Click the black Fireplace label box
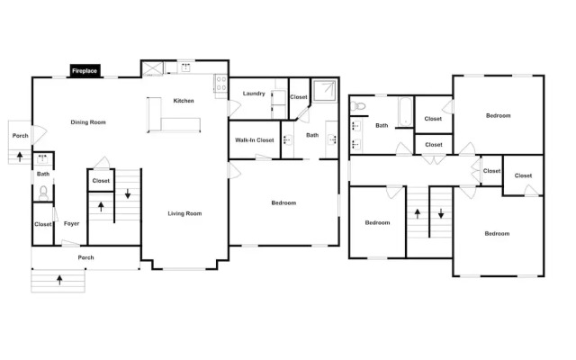coord(85,71)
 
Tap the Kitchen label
coord(184,101)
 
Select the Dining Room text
coord(88,122)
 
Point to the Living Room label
coord(184,213)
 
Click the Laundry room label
coord(254,94)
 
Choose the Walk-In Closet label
coord(255,140)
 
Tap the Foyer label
coord(71,223)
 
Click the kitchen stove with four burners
coord(221,84)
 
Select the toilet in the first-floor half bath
coord(43,193)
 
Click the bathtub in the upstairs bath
coord(405,112)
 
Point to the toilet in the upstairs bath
coord(358,106)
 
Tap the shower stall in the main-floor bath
coord(324,90)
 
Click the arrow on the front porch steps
coord(59,280)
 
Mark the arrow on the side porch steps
coord(20,157)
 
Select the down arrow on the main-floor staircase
coord(128,193)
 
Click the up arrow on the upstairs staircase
coord(418,214)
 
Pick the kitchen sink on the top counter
coord(186,67)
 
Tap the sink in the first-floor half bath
coord(42,159)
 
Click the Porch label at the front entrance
coord(86,257)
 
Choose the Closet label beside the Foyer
coord(43,224)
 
